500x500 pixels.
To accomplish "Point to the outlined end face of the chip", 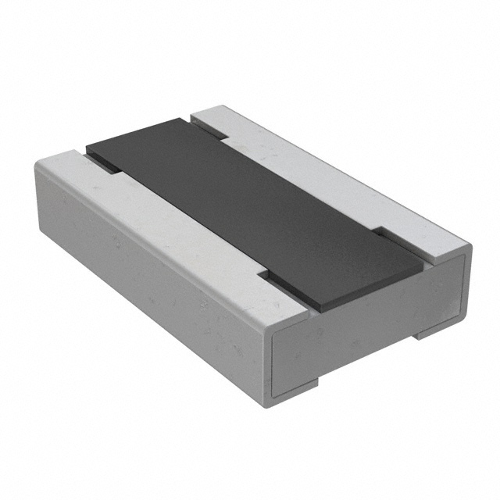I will pyautogui.click(x=367, y=328).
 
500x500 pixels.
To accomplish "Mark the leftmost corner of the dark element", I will pyautogui.click(x=87, y=147).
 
